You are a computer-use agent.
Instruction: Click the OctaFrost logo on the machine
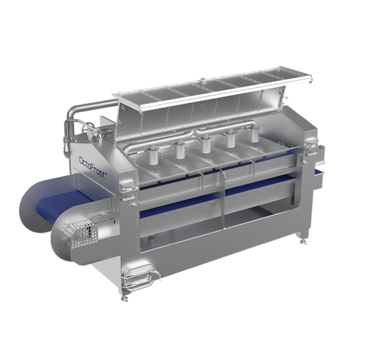pyautogui.click(x=93, y=167)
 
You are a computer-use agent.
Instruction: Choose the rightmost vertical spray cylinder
pyautogui.click(x=254, y=134)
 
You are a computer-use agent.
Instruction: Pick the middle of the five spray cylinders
pyautogui.click(x=205, y=145)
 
